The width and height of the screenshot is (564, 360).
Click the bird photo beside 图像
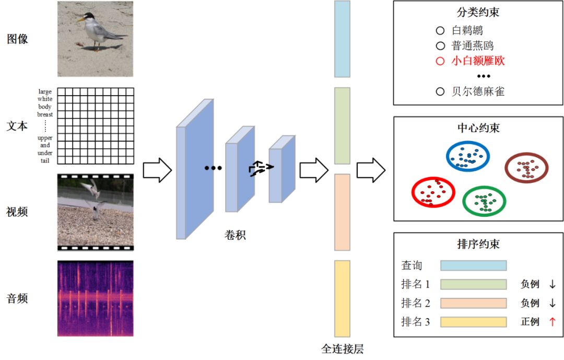click(95, 39)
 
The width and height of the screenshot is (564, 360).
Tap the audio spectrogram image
click(95, 298)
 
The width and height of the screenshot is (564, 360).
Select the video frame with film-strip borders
click(95, 212)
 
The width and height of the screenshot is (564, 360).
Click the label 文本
click(17, 126)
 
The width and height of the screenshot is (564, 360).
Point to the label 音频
click(17, 298)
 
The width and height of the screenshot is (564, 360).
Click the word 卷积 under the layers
click(235, 235)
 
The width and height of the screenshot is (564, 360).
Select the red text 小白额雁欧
click(478, 61)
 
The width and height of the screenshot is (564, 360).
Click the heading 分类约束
click(478, 12)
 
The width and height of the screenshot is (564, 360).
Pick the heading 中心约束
click(478, 127)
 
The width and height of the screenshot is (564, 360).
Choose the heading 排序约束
click(478, 244)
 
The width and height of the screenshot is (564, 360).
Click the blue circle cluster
click(468, 156)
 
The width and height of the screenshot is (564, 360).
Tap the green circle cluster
click(484, 200)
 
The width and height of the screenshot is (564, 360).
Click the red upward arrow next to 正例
click(552, 322)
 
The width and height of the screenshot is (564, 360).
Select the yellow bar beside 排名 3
click(473, 322)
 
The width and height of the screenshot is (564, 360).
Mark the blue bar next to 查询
click(473, 265)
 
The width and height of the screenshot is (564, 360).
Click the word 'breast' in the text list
click(45, 114)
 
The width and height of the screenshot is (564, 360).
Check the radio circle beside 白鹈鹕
click(440, 31)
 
